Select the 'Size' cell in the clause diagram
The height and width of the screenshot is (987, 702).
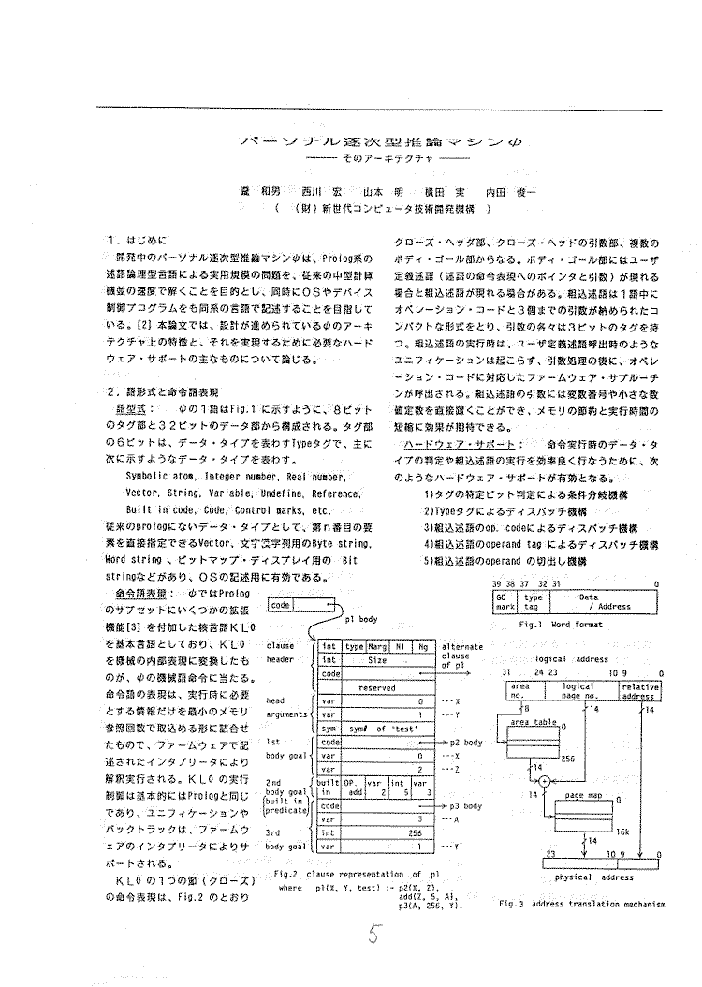pos(376,659)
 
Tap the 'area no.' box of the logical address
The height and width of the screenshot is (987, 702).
pos(520,691)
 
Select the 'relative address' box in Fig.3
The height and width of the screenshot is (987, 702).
pos(637,691)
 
